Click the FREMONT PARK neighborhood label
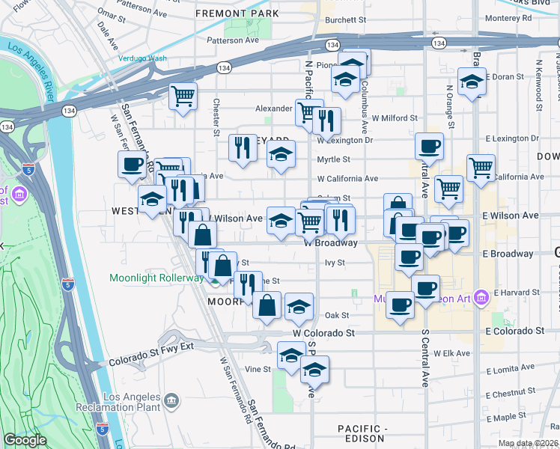(x=232, y=13)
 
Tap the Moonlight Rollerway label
(x=156, y=278)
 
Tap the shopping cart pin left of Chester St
(x=183, y=97)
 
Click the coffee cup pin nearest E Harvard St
(x=425, y=287)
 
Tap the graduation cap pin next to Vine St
(x=291, y=355)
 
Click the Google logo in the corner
(x=25, y=440)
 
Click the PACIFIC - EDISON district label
(x=361, y=433)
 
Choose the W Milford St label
(x=394, y=118)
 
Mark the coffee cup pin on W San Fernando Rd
(x=132, y=164)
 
